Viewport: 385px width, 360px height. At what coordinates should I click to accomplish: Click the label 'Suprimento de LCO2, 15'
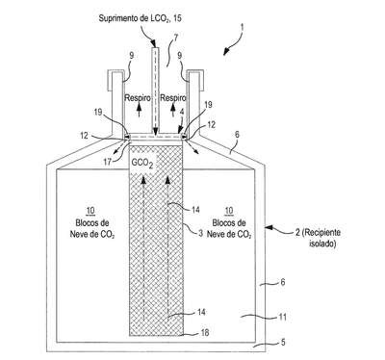(140, 18)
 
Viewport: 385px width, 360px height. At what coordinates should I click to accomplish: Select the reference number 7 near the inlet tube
(175, 39)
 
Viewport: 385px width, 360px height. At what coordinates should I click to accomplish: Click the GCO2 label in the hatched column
(141, 164)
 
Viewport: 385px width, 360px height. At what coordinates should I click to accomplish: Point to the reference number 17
(108, 162)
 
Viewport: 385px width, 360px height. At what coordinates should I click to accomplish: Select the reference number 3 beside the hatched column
(200, 233)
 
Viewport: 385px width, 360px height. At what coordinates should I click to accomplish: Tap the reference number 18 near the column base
(204, 332)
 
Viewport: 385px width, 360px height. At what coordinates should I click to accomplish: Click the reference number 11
(281, 317)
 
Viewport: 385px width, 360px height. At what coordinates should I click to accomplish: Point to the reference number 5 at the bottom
(283, 342)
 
